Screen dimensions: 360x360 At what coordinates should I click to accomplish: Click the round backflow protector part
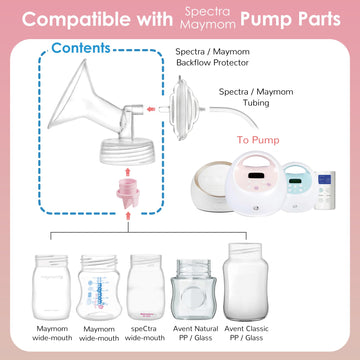(x=190, y=105)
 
